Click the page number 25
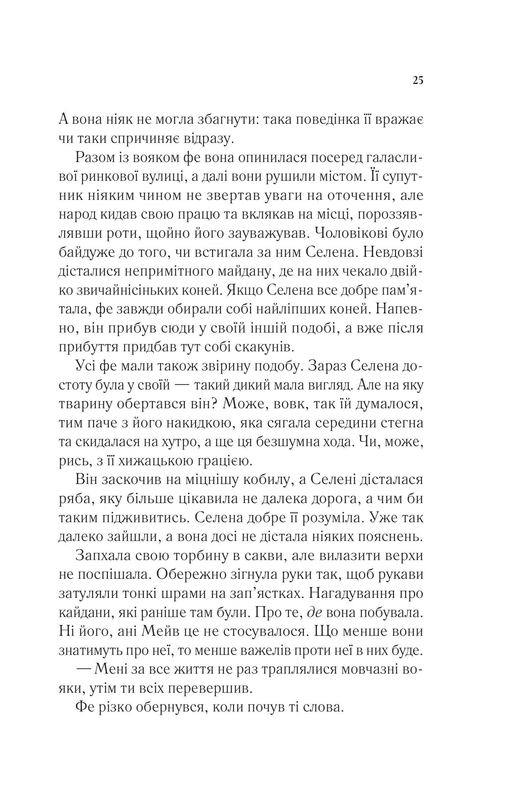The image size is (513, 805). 418,81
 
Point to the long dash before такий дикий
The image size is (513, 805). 183,386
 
